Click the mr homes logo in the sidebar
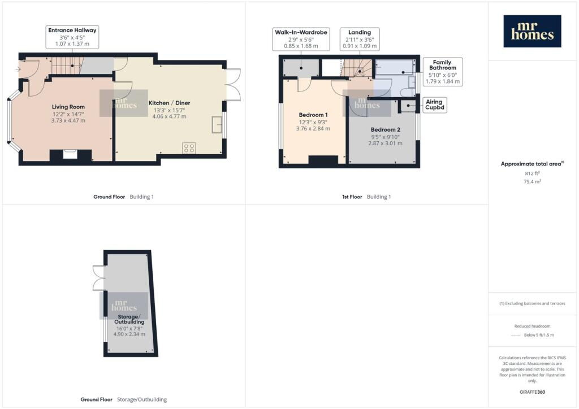coord(532,31)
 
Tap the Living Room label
coord(68,107)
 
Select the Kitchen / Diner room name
coord(169,103)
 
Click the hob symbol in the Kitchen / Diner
coord(189,148)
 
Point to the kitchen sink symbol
coord(217,124)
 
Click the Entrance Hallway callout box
coord(72,37)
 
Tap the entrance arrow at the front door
coord(18,69)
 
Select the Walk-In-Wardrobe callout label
coord(301,39)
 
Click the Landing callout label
coord(360,39)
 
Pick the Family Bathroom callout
coord(442,72)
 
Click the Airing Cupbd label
coord(434,105)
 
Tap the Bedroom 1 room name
coord(313,115)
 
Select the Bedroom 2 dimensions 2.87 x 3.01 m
coord(385,143)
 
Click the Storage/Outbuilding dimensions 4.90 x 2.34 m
coord(129,334)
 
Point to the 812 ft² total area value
coord(532,173)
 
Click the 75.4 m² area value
coord(532,181)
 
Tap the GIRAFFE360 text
coord(532,392)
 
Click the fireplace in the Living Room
coord(70,155)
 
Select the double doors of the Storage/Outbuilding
coord(99,277)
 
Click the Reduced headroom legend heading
coord(532,326)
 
